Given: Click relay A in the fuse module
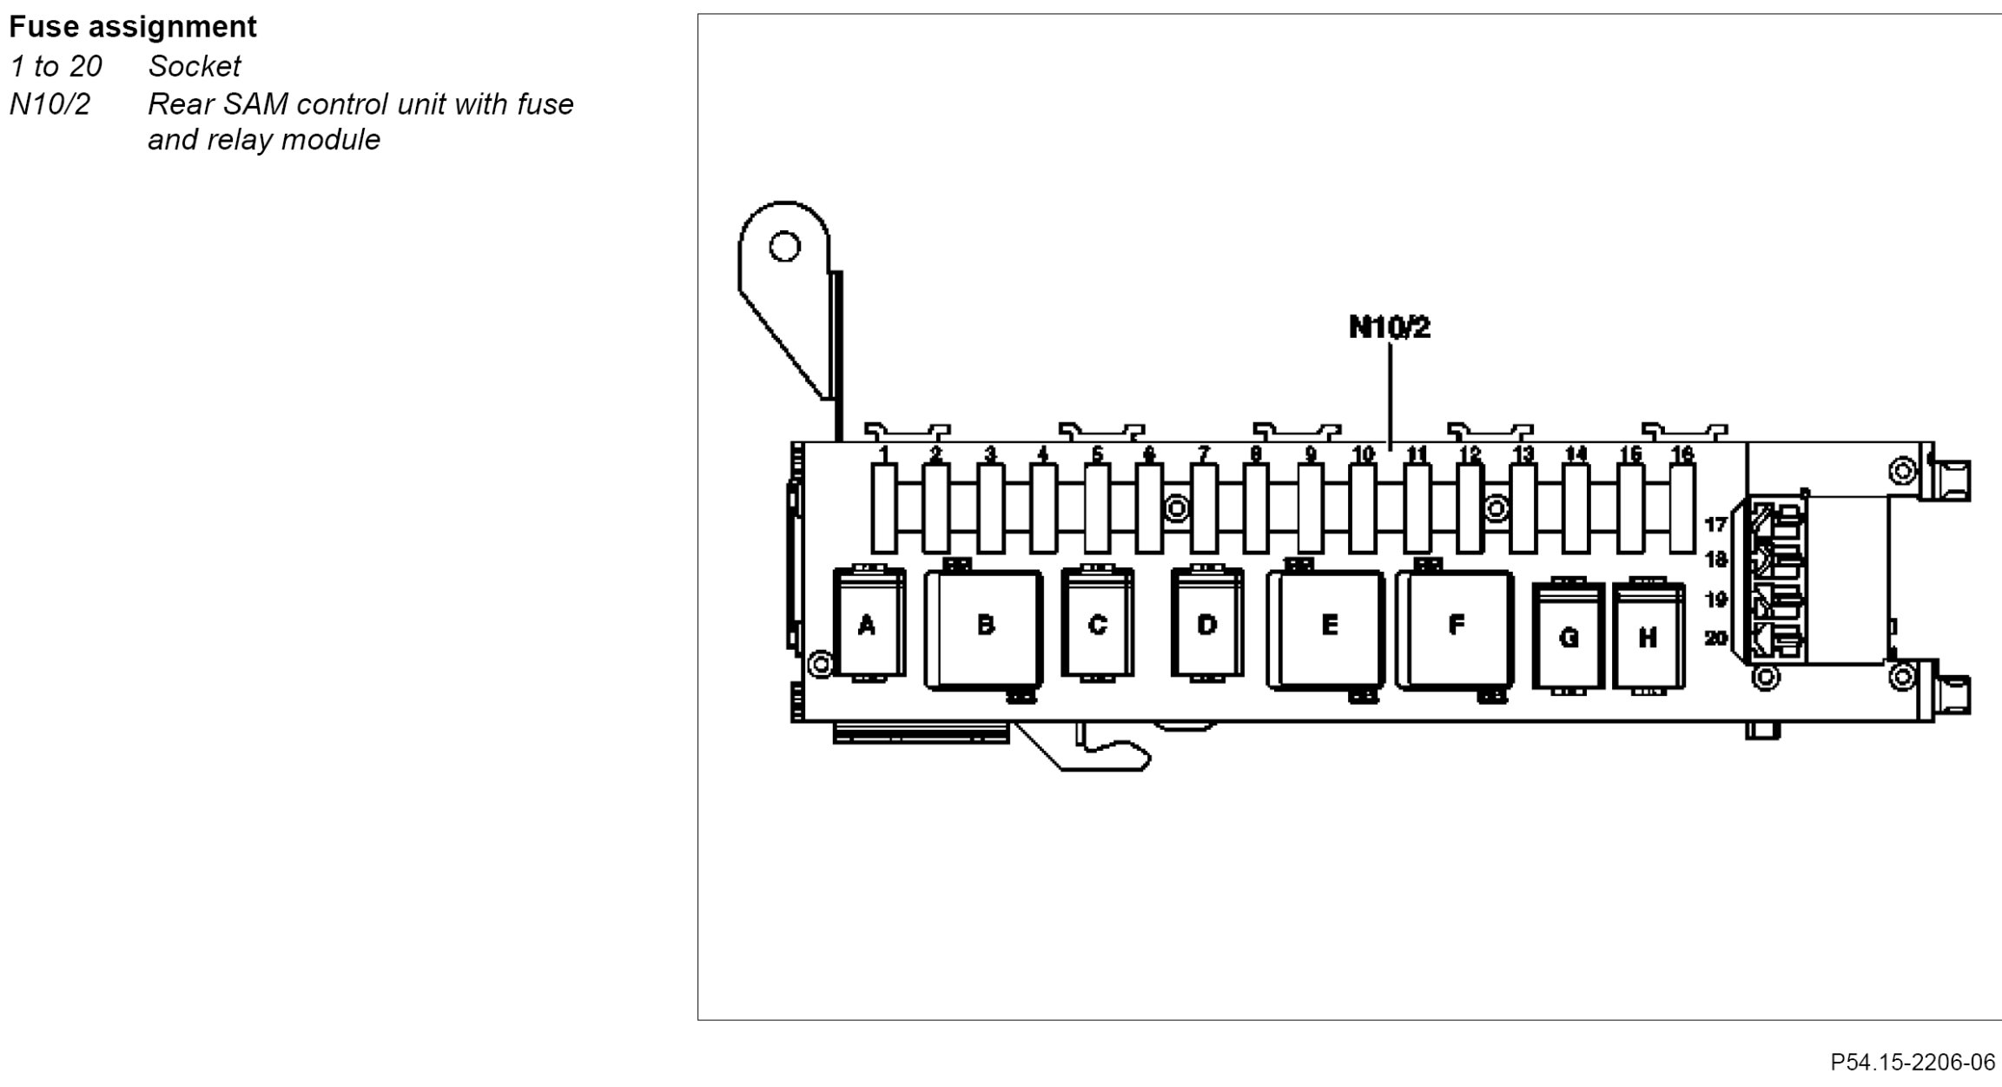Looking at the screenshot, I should click(x=868, y=624).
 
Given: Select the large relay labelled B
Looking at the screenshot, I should click(x=984, y=628).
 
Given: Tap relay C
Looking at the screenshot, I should click(x=1097, y=624).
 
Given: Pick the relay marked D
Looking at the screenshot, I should click(x=1206, y=624).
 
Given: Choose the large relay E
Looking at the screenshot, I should click(x=1326, y=628).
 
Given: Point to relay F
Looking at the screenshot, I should click(x=1455, y=628).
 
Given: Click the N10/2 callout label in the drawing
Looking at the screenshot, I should click(x=1389, y=328).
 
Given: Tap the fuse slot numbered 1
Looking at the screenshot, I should click(x=883, y=508).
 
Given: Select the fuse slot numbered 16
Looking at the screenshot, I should click(x=1682, y=508).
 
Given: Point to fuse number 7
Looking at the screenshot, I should click(x=1204, y=508).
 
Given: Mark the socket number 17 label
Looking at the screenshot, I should click(x=1715, y=524).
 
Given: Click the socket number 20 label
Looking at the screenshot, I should click(x=1715, y=639).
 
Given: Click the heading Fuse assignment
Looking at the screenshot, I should click(x=133, y=27).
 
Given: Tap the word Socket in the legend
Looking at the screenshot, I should click(x=195, y=66).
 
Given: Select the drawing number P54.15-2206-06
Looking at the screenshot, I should click(x=1913, y=1062).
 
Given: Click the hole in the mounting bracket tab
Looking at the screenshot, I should click(x=784, y=247).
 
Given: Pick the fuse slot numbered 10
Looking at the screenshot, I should click(x=1363, y=508).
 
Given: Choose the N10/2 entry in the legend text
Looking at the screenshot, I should click(x=50, y=104).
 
